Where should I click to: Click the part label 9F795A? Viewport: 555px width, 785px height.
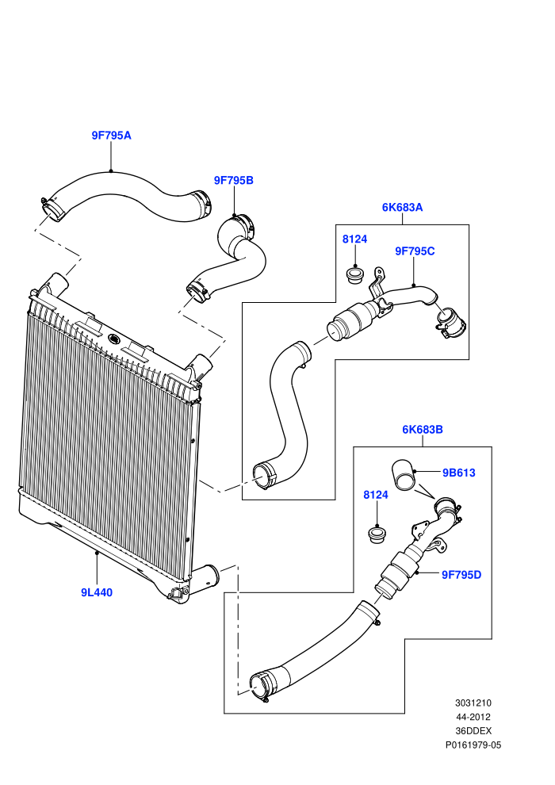click(111, 135)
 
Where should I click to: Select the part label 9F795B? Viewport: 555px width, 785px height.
click(234, 180)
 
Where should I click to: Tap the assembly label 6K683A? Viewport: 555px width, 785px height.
click(402, 207)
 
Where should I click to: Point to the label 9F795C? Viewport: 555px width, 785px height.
click(415, 251)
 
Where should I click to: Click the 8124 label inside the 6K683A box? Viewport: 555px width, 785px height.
click(355, 239)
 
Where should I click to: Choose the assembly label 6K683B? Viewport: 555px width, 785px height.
click(423, 430)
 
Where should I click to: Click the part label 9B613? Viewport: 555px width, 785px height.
click(458, 473)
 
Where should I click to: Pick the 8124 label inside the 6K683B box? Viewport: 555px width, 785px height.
click(376, 495)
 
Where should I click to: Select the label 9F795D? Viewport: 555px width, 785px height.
click(461, 575)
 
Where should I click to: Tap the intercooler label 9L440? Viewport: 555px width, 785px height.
click(97, 593)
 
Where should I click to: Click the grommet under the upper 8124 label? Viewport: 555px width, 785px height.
click(355, 276)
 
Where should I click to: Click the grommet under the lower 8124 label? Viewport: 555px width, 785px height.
click(377, 534)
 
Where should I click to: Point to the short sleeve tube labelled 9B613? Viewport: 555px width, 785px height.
click(404, 475)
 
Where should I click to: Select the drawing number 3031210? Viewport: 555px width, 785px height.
click(473, 703)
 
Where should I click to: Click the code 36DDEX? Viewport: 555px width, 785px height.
click(473, 731)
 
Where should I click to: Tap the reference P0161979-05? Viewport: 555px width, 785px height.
click(473, 745)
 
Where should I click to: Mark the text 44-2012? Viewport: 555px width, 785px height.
click(473, 717)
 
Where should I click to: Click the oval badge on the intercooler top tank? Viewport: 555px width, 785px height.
click(113, 339)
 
